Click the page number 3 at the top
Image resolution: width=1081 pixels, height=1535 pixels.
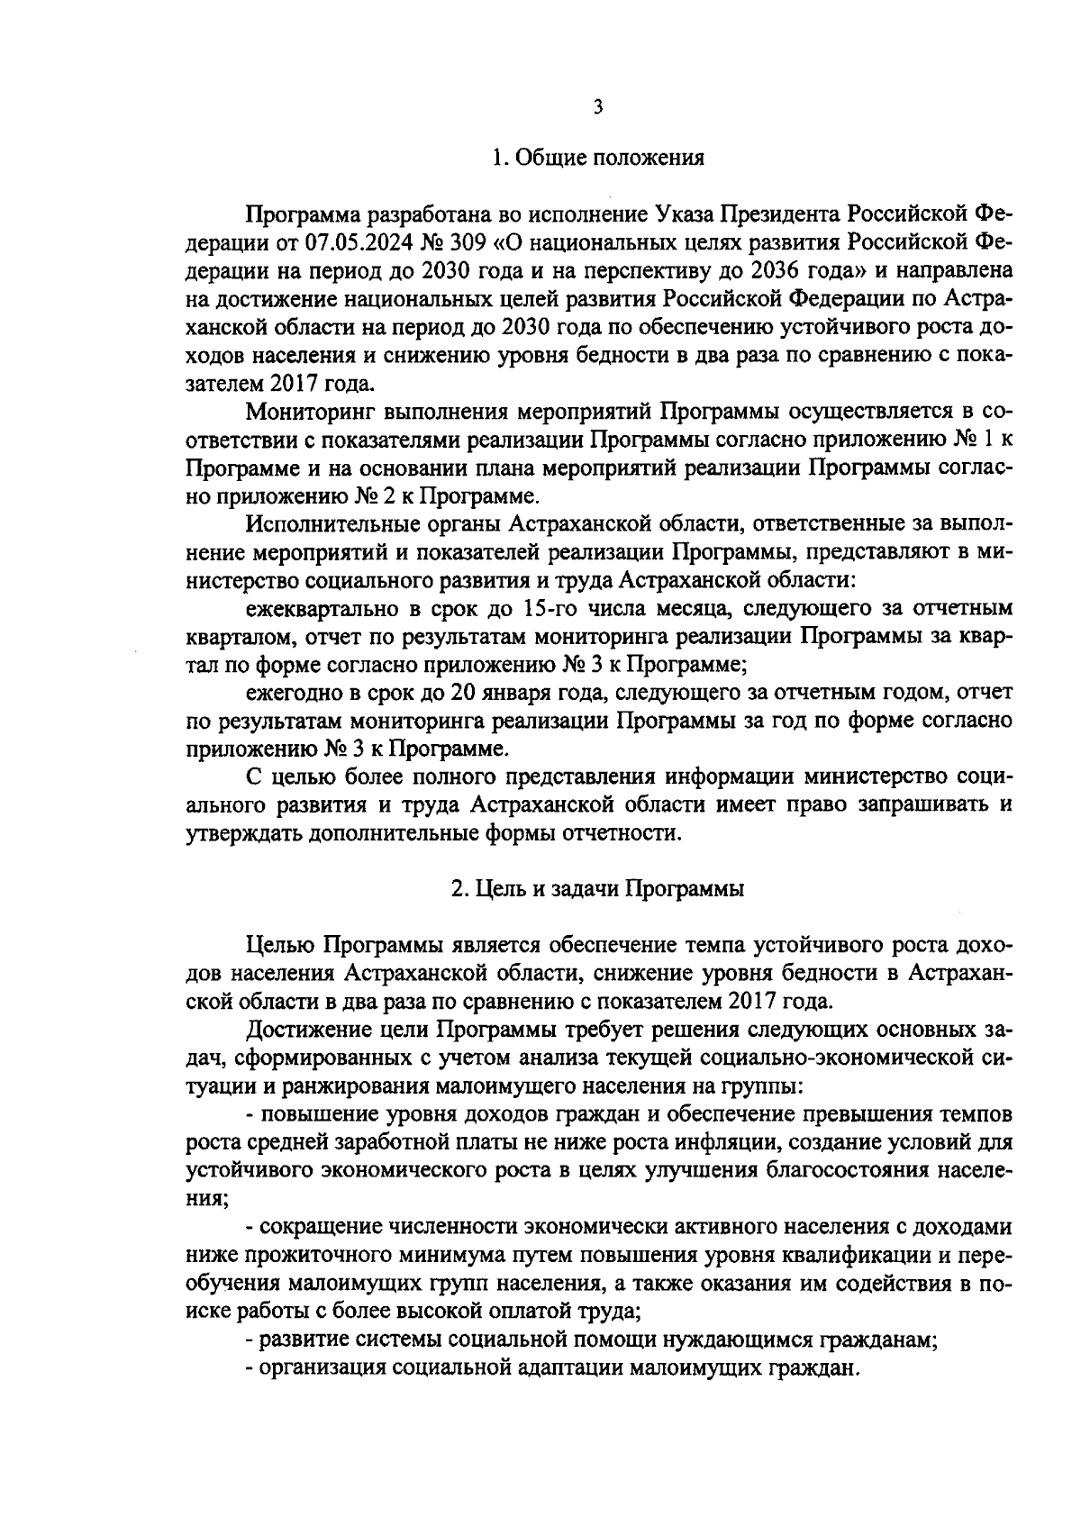[x=597, y=108]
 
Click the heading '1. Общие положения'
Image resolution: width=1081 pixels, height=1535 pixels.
[x=597, y=159]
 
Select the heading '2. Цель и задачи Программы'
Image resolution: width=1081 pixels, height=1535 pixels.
[x=597, y=889]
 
